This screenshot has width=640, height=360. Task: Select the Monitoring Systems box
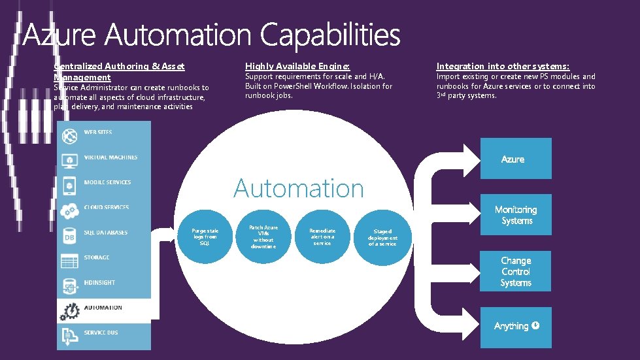515,215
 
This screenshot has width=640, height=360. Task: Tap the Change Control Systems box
515,271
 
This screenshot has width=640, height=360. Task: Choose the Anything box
515,326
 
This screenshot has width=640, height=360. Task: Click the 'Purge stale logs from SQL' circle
205,237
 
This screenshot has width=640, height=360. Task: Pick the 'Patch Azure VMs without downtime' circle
263,237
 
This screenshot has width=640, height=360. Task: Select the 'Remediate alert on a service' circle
322,237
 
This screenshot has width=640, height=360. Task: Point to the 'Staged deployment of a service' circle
382,237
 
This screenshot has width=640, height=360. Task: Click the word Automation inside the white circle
299,188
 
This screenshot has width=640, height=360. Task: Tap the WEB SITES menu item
98,133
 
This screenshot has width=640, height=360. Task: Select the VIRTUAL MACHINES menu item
110,157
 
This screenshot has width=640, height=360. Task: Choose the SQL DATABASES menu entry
105,233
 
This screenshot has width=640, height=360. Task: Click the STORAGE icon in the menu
69,261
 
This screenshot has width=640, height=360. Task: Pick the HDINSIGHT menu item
99,283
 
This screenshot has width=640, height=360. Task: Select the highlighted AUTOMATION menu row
103,308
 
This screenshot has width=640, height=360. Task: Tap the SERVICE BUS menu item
101,333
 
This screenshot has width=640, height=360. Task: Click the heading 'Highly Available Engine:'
297,67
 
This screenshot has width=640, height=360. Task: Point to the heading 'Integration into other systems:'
503,67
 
